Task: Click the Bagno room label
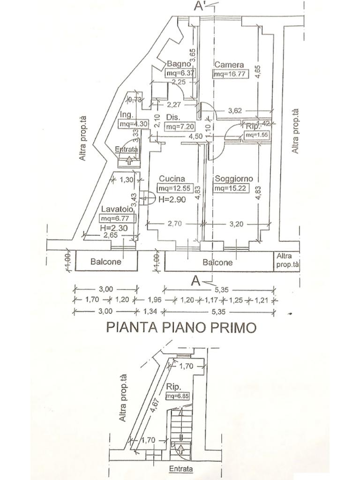point(179,64)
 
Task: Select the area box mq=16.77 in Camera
point(230,74)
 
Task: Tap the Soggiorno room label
point(233,179)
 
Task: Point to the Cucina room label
point(172,179)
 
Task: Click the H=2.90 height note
point(172,199)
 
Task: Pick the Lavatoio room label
point(115,209)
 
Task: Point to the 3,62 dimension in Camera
point(234,111)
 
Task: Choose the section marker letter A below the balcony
point(196,281)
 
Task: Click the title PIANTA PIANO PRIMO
point(181,327)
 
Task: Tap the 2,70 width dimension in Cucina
point(174,224)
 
